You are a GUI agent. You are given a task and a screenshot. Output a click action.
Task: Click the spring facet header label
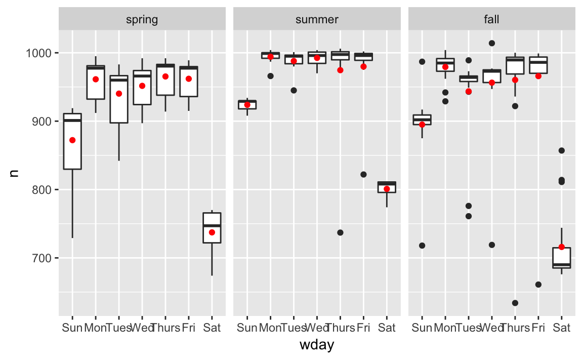tap(142, 20)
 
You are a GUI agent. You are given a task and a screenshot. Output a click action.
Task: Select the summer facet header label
tap(317, 20)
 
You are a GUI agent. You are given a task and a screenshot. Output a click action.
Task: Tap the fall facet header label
tap(491, 20)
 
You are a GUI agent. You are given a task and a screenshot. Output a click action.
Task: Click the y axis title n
tap(14, 173)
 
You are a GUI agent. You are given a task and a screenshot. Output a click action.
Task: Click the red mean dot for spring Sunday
tap(72, 140)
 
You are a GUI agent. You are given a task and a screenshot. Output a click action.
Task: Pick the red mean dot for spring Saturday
tap(212, 232)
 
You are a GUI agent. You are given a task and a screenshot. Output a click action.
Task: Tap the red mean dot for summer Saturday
tap(387, 189)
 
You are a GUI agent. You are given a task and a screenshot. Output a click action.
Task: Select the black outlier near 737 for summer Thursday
tap(340, 232)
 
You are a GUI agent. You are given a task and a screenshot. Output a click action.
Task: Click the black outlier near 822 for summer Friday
tap(363, 174)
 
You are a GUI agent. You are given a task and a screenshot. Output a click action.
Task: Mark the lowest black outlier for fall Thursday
tap(515, 303)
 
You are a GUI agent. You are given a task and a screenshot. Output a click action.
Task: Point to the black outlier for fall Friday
tap(538, 285)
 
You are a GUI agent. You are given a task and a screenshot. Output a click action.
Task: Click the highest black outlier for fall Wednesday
tap(492, 43)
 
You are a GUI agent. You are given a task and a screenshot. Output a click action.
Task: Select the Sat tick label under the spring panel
tap(212, 328)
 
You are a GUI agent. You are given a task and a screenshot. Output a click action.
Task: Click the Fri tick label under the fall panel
tap(538, 328)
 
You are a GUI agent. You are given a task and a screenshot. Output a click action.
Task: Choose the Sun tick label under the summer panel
tap(247, 328)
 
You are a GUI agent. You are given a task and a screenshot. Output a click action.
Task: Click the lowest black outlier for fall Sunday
tap(422, 246)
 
